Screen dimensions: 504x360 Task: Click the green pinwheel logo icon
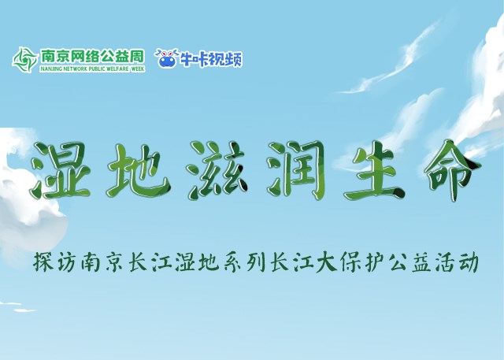pos(25,60)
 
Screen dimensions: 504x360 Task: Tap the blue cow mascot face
pos(167,58)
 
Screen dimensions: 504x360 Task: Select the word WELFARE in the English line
pos(118,69)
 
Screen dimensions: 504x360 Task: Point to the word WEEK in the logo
pos(138,69)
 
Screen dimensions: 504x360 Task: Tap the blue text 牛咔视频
pos(211,59)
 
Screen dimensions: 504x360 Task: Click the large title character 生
pos(375,170)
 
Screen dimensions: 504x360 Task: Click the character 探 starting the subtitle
pos(44,262)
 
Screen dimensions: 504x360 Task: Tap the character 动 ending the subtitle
pos(468,262)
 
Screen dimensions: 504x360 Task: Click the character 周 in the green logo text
pos(137,56)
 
